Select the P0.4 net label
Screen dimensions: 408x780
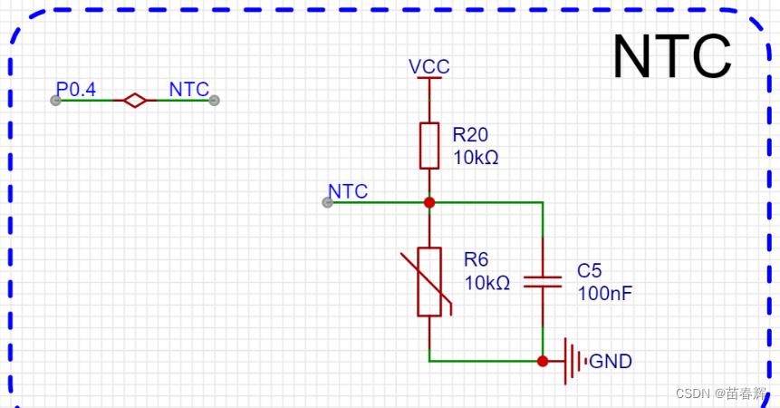click(x=76, y=90)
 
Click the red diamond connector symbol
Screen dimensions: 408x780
click(x=135, y=101)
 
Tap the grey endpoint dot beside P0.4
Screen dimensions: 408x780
click(x=55, y=101)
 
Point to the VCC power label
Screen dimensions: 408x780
click(x=429, y=67)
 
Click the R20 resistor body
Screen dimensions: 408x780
click(x=429, y=145)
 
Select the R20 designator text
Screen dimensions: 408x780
click(x=470, y=135)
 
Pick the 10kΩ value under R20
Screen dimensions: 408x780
click(x=476, y=157)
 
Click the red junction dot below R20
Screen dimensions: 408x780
click(x=429, y=202)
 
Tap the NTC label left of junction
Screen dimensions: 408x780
click(x=348, y=191)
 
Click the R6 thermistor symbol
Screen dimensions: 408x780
click(x=429, y=282)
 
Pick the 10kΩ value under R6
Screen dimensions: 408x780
click(x=487, y=283)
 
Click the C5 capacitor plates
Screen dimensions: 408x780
click(x=543, y=281)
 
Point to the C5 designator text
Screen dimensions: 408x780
click(x=589, y=271)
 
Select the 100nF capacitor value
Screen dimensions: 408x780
click(x=604, y=294)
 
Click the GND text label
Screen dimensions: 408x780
click(x=611, y=362)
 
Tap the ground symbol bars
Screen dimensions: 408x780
click(x=573, y=361)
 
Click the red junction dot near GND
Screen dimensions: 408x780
click(x=543, y=361)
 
